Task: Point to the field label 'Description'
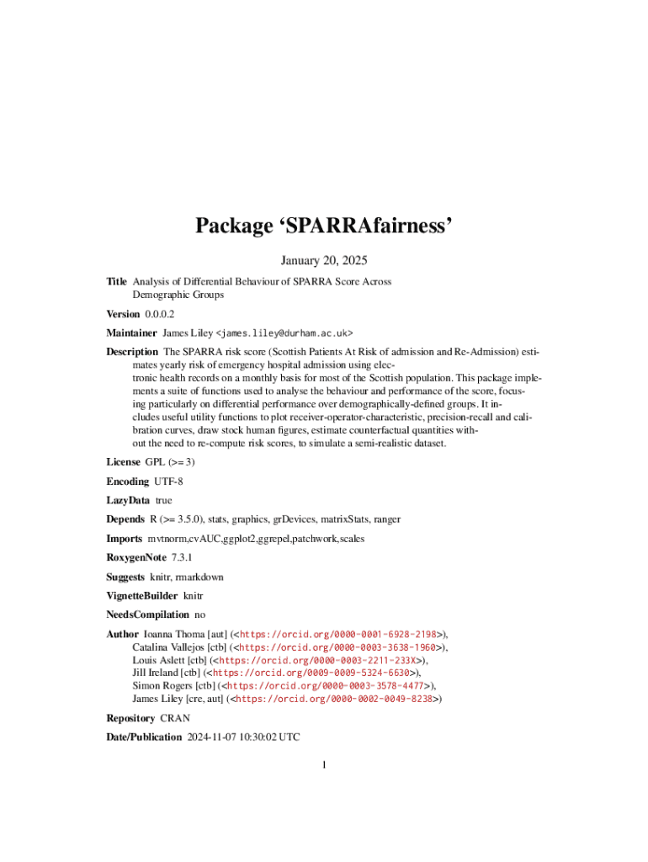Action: pos(132,351)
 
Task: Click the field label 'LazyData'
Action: pos(128,500)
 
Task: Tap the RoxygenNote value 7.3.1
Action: pos(182,557)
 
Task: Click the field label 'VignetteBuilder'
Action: pos(141,596)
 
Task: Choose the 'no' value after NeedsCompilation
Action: pos(199,615)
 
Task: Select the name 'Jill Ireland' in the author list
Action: pos(156,673)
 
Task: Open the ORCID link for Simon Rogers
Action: pos(323,686)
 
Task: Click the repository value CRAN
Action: pos(175,718)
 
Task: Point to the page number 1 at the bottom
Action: pos(324,764)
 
